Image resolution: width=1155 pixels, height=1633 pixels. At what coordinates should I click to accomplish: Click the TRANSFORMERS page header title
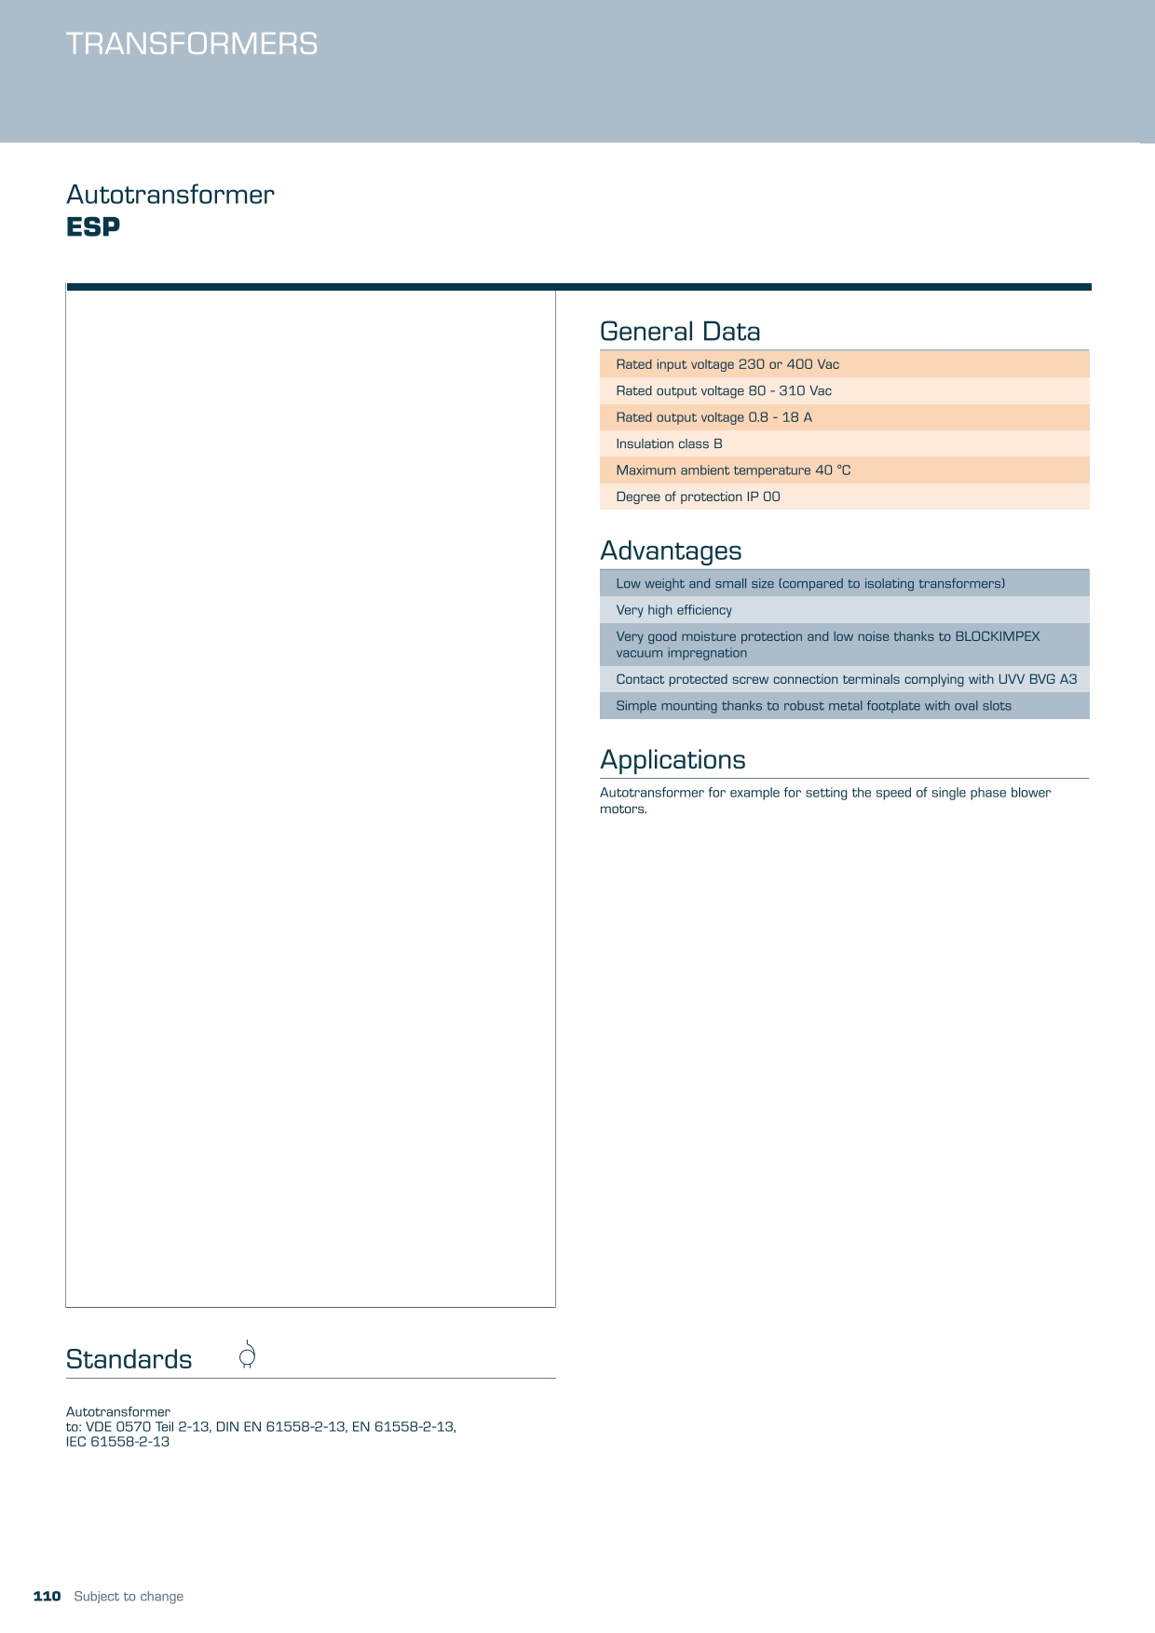[x=192, y=44]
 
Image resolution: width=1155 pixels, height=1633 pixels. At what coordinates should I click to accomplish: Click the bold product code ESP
[x=93, y=227]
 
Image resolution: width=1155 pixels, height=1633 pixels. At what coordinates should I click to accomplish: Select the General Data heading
[x=680, y=332]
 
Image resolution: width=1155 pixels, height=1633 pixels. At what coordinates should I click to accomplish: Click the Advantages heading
[x=671, y=551]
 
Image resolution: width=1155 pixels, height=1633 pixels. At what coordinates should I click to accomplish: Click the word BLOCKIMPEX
[x=997, y=636]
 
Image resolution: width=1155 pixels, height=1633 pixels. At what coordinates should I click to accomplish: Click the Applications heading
[x=673, y=760]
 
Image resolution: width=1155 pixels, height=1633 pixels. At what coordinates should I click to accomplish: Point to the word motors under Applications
[x=622, y=810]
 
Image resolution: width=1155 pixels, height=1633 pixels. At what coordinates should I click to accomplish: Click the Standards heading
[x=129, y=1360]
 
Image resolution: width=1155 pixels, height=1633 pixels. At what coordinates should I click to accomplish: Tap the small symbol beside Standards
[x=247, y=1355]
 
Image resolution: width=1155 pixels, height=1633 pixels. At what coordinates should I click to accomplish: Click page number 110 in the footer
[x=47, y=1597]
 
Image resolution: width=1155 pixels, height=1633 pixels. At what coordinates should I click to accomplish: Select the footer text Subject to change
[x=129, y=1597]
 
